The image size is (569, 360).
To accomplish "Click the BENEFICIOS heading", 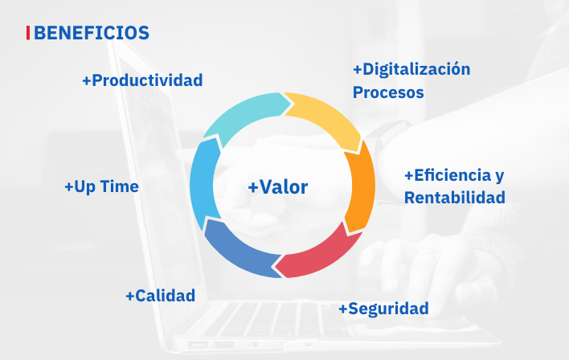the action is (92, 33).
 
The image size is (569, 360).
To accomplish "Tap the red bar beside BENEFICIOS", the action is (28, 33).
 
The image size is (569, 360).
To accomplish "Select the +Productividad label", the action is (142, 80).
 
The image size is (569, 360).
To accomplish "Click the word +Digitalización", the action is (411, 69).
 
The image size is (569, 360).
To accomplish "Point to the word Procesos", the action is (388, 92).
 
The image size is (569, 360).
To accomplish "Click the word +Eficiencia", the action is (448, 175).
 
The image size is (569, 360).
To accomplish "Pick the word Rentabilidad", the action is (455, 198).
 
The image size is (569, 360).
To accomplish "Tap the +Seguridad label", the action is (383, 309).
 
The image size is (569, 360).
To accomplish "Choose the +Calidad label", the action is (161, 296).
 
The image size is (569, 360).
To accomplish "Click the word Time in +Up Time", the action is (120, 186).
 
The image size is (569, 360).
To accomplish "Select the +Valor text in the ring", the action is (278, 187).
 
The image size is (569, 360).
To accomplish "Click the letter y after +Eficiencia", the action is (500, 176).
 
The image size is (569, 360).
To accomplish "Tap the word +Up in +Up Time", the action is (80, 187).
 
